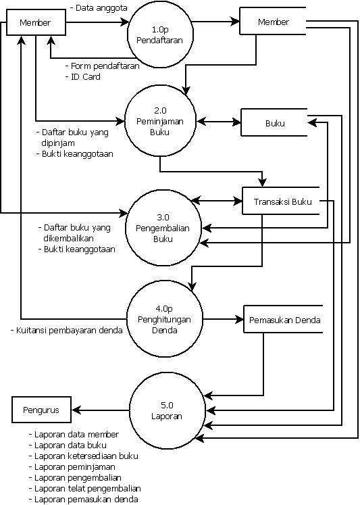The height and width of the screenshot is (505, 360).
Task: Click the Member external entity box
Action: point(36,23)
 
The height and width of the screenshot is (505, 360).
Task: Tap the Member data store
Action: point(273,22)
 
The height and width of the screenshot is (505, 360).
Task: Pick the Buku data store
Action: point(274,123)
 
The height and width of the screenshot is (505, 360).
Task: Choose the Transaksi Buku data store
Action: point(281,202)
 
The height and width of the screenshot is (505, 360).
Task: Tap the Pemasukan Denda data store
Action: point(284,319)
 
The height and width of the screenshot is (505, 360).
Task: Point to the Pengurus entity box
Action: point(41,410)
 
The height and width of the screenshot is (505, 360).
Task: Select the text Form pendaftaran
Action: point(105,66)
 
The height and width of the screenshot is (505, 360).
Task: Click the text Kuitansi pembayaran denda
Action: point(66,331)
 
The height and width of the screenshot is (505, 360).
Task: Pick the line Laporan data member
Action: point(74,435)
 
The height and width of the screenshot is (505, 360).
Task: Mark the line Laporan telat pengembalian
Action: point(85,488)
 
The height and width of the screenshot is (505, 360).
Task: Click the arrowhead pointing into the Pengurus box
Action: point(76,410)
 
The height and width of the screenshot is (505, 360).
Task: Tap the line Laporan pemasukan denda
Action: point(84,500)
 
